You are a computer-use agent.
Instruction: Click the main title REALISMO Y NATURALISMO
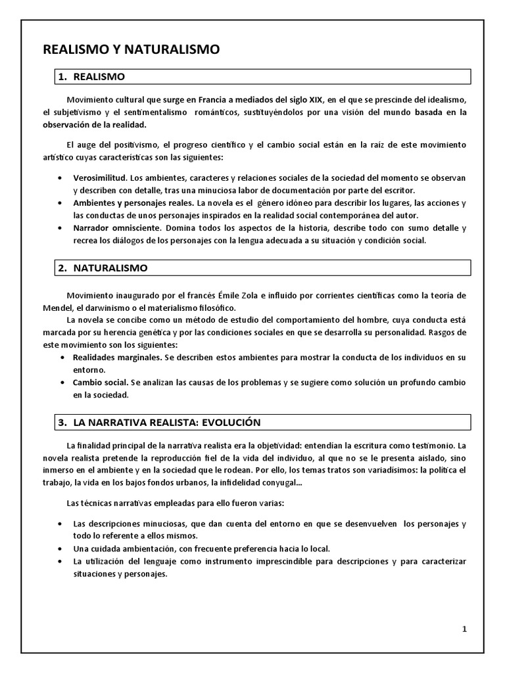tap(132, 49)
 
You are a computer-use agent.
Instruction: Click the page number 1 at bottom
tap(464, 628)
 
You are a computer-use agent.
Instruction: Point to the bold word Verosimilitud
tap(100, 178)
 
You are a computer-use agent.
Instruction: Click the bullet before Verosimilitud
tap(60, 178)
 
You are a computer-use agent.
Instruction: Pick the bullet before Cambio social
tap(62, 383)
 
